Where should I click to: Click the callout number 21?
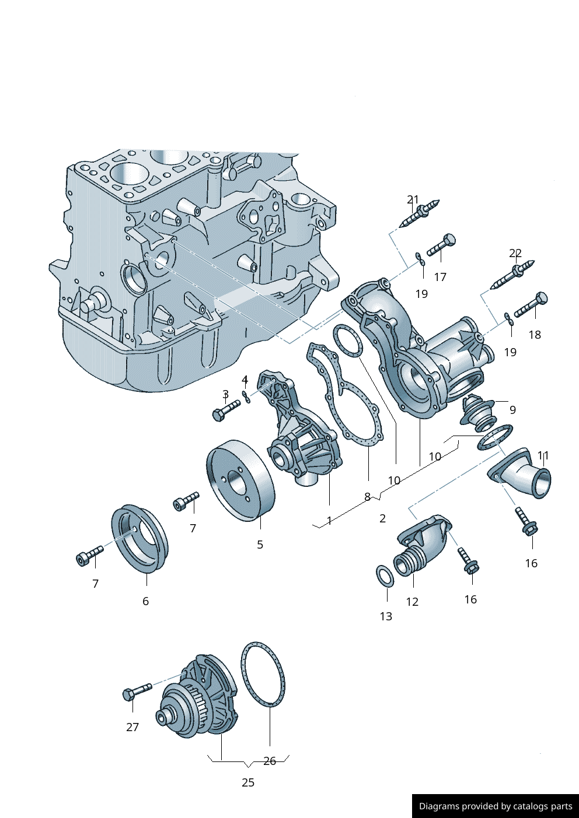click(413, 200)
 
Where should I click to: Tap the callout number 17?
click(440, 277)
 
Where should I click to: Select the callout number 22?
click(515, 253)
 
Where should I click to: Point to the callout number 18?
click(535, 335)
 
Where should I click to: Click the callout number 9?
click(512, 410)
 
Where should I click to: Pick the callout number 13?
click(386, 616)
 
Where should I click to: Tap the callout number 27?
click(132, 727)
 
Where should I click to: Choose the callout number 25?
click(248, 782)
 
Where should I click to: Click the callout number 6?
click(145, 601)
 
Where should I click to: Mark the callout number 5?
click(260, 545)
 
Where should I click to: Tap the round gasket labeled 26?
click(263, 674)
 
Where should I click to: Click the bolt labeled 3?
click(226, 410)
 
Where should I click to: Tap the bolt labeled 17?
click(441, 245)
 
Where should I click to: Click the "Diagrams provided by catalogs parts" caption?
click(495, 806)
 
